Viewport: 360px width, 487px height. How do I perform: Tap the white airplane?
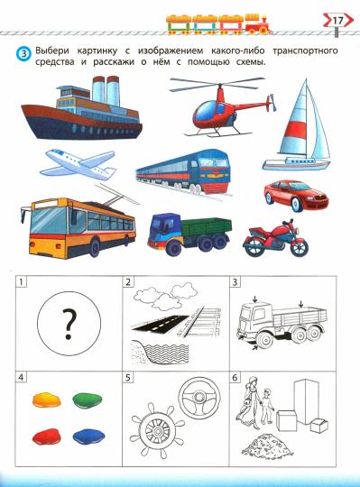pyautogui.click(x=78, y=164)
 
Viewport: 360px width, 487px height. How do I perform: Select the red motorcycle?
pyautogui.click(x=275, y=238)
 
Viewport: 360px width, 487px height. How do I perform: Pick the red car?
pyautogui.click(x=296, y=196)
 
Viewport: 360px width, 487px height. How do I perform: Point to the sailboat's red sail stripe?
pyautogui.click(x=296, y=130)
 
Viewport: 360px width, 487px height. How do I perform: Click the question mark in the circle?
pyautogui.click(x=69, y=324)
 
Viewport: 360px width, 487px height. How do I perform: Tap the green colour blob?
pyautogui.click(x=87, y=400)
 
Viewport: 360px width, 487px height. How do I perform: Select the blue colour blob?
pyautogui.click(x=88, y=436)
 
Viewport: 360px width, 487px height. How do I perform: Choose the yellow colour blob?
pyautogui.click(x=47, y=400)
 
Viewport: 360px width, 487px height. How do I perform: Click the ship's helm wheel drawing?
pyautogui.click(x=157, y=430)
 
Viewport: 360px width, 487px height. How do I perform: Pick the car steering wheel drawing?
pyautogui.click(x=199, y=398)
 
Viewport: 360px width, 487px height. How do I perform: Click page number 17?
pyautogui.click(x=337, y=21)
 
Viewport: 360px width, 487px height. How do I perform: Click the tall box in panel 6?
pyautogui.click(x=306, y=402)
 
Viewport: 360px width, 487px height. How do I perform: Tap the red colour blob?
pyautogui.click(x=46, y=436)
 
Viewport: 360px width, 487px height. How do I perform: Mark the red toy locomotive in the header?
pyautogui.click(x=258, y=24)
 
